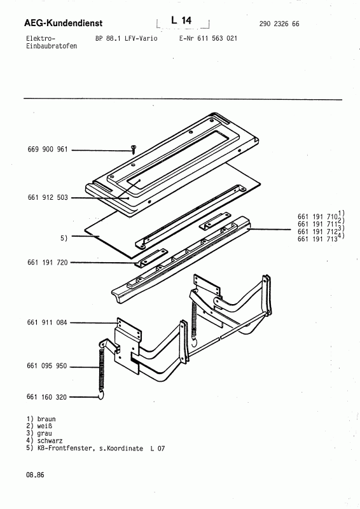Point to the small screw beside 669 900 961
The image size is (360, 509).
[x=134, y=149]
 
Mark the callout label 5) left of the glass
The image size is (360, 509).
[x=64, y=237]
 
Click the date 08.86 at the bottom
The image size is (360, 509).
[x=36, y=475]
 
